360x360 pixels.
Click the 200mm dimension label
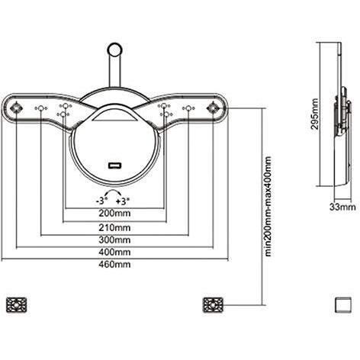pos(114,214)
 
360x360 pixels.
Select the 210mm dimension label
pos(114,227)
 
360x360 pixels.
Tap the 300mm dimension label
pos(114,239)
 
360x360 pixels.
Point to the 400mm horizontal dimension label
pos(114,252)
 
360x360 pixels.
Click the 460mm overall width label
pos(114,265)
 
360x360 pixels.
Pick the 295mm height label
pos(315,114)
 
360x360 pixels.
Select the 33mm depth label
pos(342,207)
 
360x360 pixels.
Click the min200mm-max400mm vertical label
pos(268,206)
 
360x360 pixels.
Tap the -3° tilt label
pos(101,201)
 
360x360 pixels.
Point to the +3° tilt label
pos(122,201)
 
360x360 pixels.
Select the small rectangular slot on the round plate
pos(114,166)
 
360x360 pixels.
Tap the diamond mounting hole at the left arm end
pos(16,108)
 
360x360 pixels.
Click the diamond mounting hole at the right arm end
pos(213,108)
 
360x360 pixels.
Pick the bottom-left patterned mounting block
pos(17,305)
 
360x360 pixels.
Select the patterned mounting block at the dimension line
pos(213,305)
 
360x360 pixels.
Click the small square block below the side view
pos(343,305)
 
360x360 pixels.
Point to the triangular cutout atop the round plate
pos(114,117)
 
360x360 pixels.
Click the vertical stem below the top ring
pos(114,72)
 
